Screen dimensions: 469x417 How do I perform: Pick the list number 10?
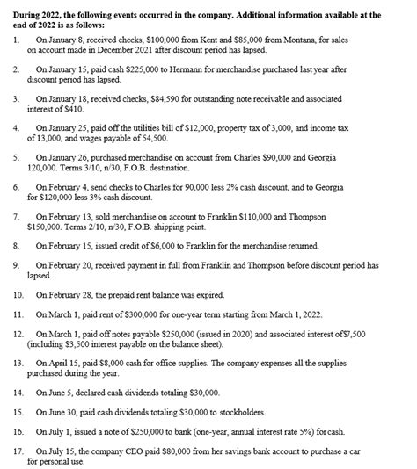[18, 292]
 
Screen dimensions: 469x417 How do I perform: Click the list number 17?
[18, 450]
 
